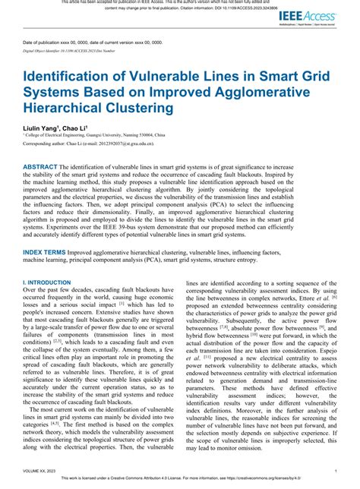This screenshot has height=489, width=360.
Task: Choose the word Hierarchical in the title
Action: pyautogui.click(x=65, y=109)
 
